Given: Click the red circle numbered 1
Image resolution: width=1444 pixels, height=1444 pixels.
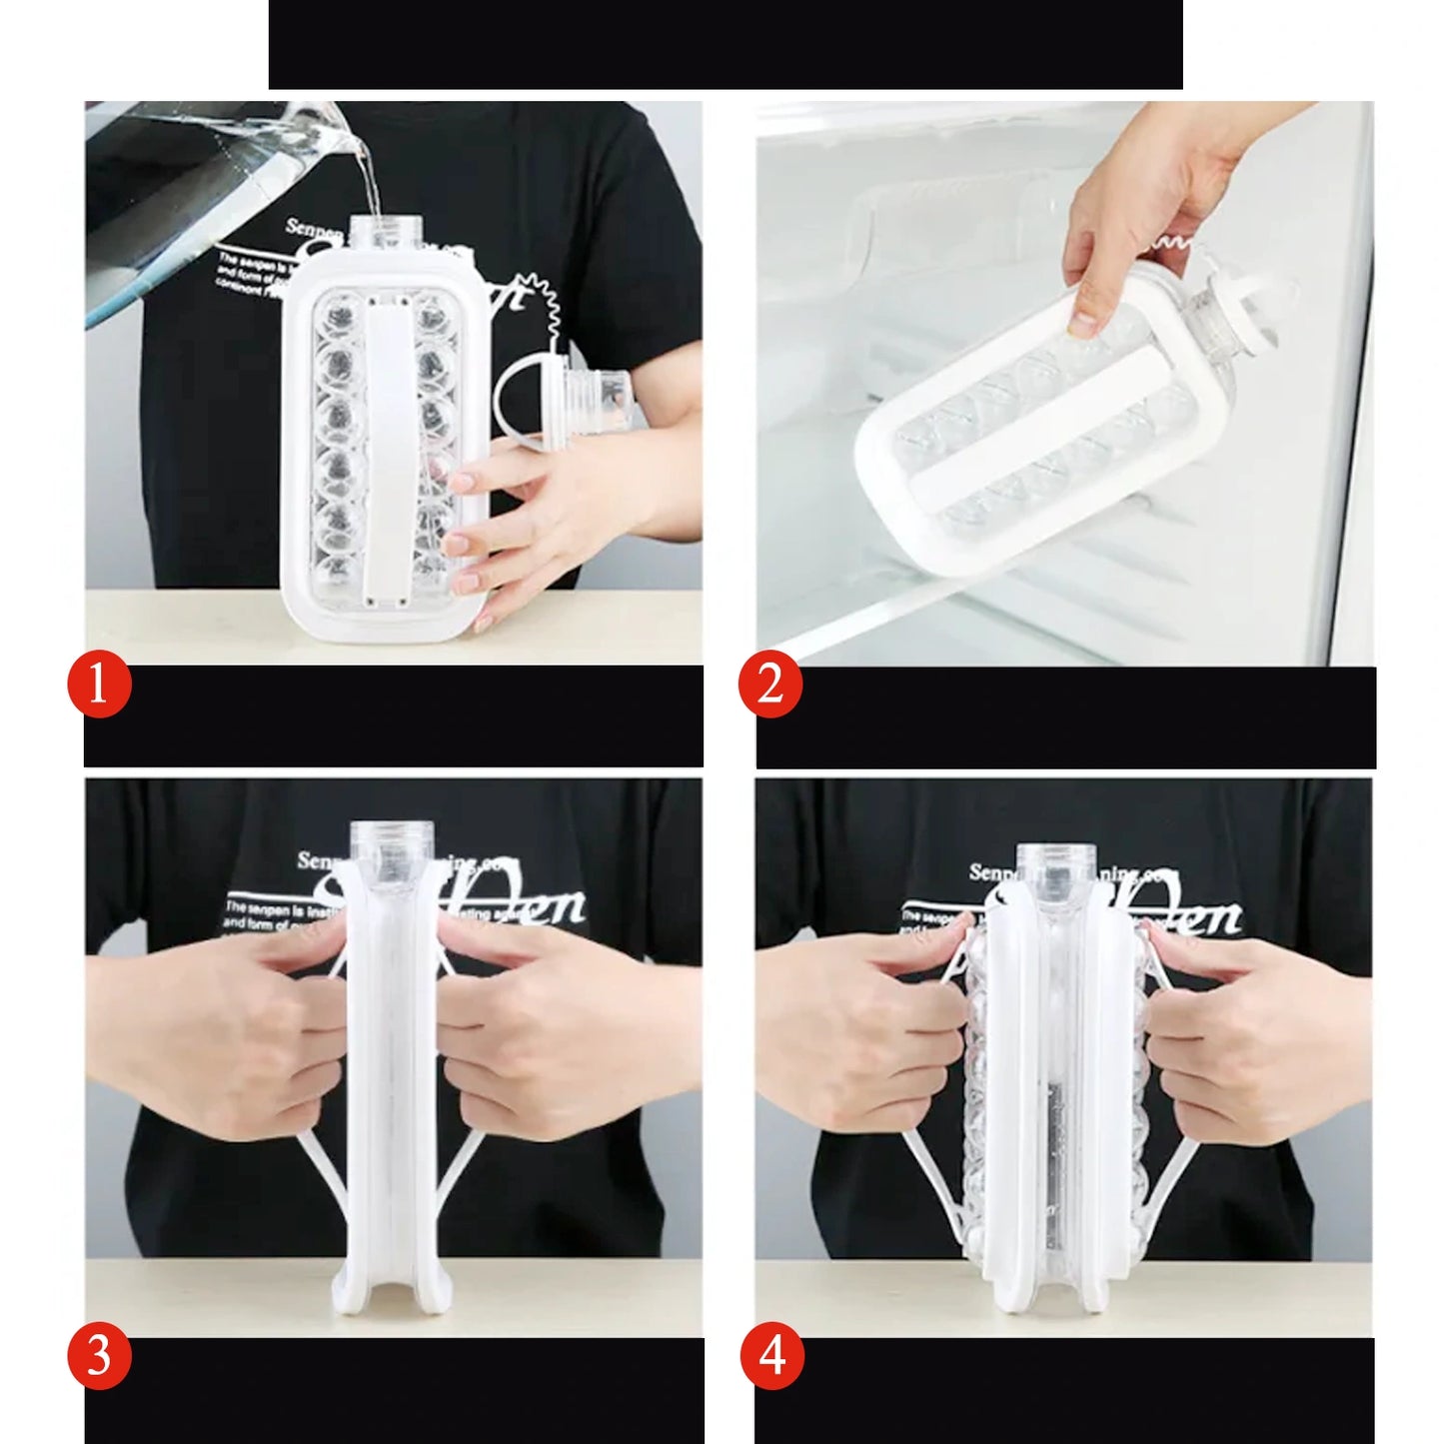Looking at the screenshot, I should coord(99,687).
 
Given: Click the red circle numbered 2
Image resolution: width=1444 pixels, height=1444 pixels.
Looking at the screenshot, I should coord(769,687).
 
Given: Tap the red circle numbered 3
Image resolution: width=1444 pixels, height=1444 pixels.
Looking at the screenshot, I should coord(99,1358).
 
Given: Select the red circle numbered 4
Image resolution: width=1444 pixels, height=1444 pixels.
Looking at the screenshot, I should coord(771,1358).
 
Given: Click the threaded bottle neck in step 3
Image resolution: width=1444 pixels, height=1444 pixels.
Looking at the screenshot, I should coord(393,849).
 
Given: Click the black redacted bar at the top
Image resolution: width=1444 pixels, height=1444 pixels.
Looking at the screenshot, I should coord(725,44).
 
